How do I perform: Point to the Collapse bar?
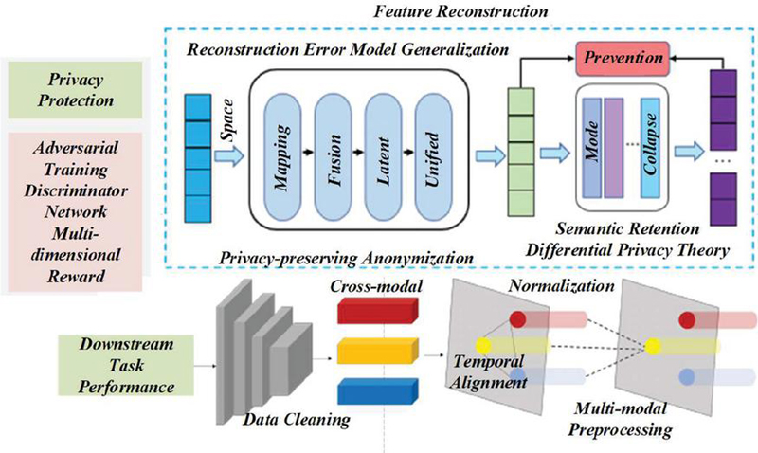click(649, 152)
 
